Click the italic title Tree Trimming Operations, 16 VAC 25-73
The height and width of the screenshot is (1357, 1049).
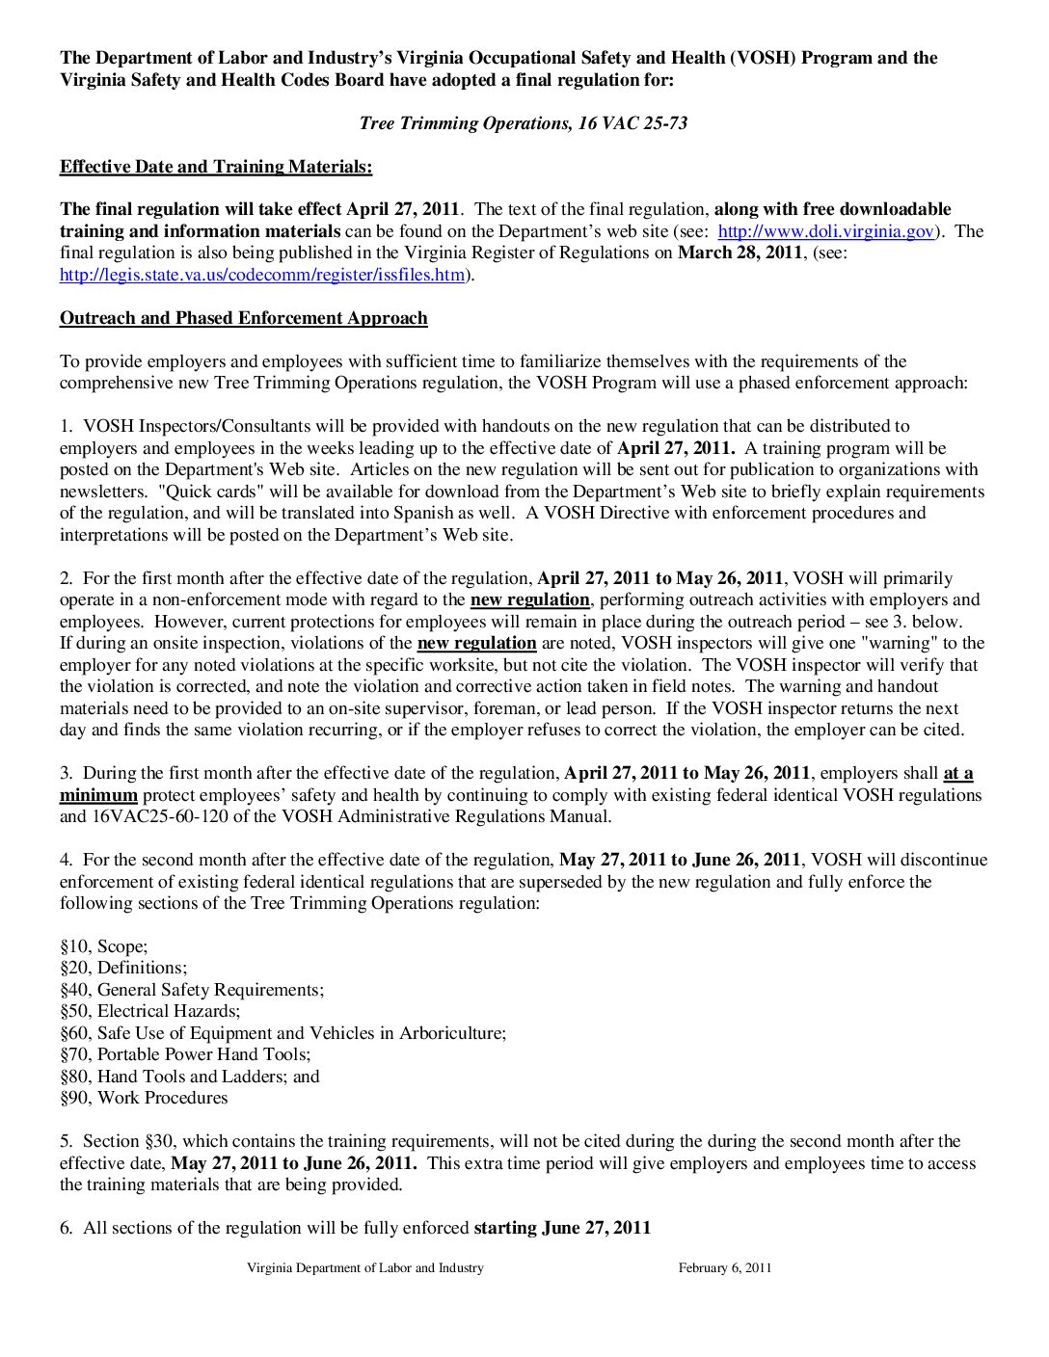(x=523, y=123)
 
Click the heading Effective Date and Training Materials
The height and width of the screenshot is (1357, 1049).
(x=216, y=167)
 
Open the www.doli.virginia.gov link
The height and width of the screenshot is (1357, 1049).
(x=826, y=231)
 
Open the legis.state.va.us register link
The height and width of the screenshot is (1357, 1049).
(x=262, y=275)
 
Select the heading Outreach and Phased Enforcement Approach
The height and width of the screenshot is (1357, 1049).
(x=244, y=318)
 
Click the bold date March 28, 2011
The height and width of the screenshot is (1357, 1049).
(x=740, y=253)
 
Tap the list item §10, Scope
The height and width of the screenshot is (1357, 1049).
(x=104, y=946)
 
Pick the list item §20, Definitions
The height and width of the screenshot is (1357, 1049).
(x=123, y=968)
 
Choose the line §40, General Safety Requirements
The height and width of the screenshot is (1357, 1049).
(x=192, y=990)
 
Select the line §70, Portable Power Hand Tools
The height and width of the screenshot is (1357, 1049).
(x=185, y=1054)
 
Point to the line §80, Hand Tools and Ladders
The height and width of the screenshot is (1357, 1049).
(x=190, y=1077)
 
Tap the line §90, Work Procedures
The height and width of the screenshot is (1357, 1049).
(x=144, y=1098)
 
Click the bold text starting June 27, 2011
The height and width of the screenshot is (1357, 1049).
(x=562, y=1228)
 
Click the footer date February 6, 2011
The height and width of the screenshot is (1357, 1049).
(x=725, y=1268)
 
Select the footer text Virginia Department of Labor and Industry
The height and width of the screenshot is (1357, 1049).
(x=365, y=1268)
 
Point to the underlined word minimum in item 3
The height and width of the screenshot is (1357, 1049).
(x=98, y=795)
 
